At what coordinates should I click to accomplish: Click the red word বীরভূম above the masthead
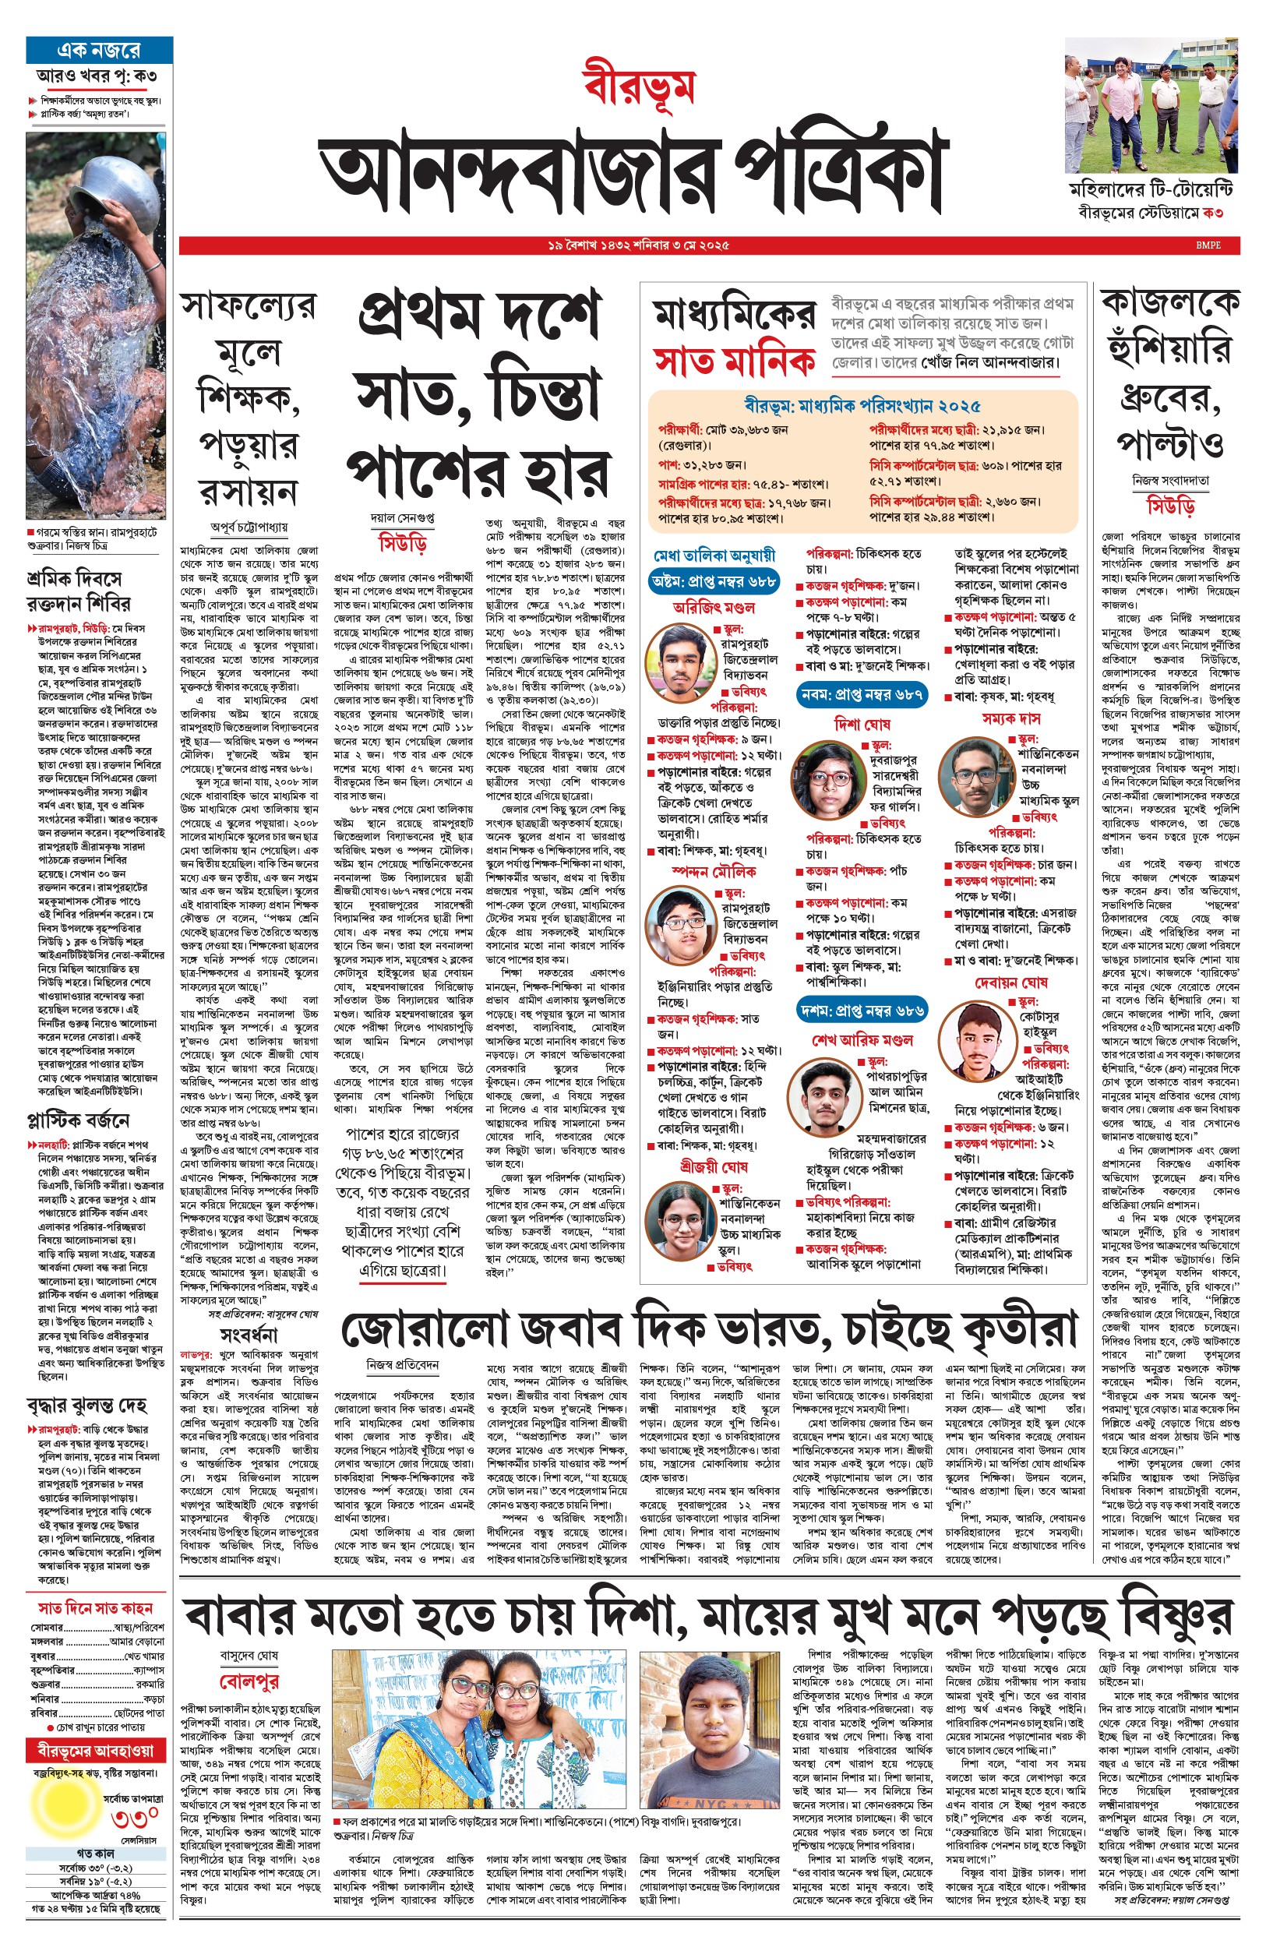640,86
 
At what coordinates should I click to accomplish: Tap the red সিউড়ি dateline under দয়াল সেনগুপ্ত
403,543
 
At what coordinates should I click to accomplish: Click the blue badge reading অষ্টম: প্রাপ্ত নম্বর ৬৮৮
714,581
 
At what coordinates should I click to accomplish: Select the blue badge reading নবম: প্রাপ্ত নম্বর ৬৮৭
862,694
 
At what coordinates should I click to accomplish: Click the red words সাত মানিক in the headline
734,361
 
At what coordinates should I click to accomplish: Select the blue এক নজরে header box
100,50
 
